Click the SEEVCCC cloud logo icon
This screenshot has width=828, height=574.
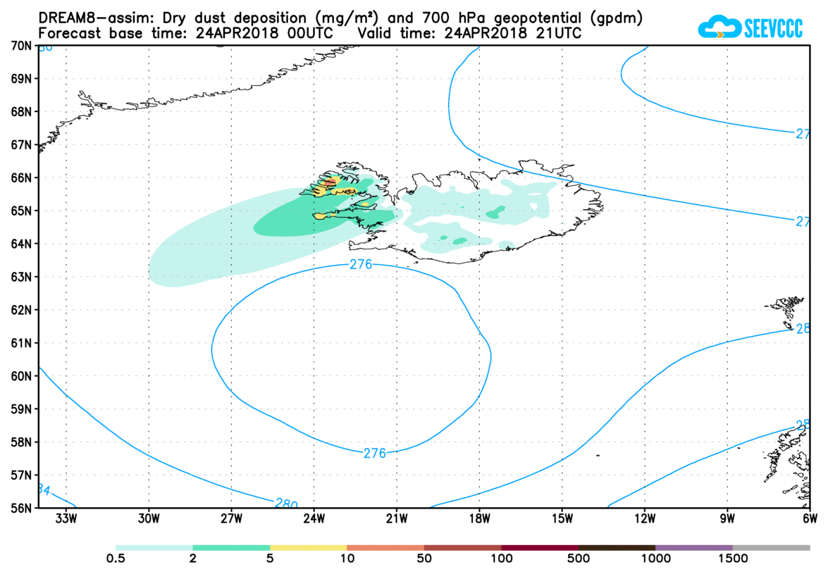click(718, 28)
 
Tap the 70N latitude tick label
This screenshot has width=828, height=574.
click(20, 46)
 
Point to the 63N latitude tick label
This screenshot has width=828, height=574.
click(20, 277)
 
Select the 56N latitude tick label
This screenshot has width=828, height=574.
click(20, 508)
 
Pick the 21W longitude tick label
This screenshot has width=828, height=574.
click(397, 520)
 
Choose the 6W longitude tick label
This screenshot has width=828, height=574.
click(810, 520)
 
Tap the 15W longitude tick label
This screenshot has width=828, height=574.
click(562, 520)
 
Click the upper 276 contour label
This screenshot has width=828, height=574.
click(361, 265)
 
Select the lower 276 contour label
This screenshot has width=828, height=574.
click(374, 454)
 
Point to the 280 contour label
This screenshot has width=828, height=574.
click(285, 504)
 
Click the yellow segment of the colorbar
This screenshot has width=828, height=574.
click(309, 547)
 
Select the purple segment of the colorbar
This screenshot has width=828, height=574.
click(694, 547)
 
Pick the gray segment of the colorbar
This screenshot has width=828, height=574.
click(772, 547)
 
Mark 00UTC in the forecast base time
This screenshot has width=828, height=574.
click(307, 33)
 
